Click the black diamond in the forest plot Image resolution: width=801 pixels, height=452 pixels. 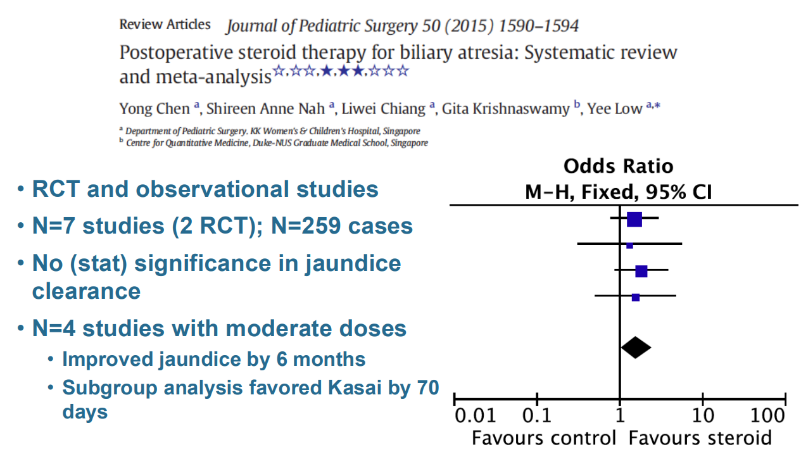tap(635, 347)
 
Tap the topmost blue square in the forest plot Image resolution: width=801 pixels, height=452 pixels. tap(634, 219)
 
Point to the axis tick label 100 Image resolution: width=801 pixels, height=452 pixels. tap(767, 417)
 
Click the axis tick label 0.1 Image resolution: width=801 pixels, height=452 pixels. tap(536, 417)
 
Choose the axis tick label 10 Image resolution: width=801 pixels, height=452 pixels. tap(703, 417)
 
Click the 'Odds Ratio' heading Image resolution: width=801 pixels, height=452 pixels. tap(619, 166)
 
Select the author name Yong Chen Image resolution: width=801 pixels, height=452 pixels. tap(155, 109)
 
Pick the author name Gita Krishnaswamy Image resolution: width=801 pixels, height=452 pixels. tap(505, 109)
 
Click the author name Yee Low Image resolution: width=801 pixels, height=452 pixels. tap(614, 109)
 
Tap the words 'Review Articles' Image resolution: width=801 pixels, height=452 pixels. tap(165, 25)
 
